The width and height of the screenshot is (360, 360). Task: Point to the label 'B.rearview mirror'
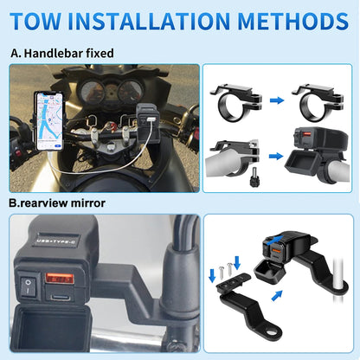[57, 204]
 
